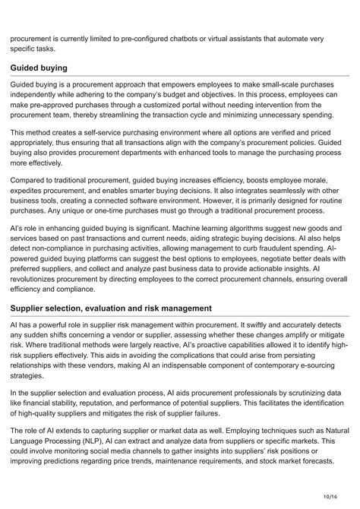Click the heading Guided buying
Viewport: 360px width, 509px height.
pos(39,68)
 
